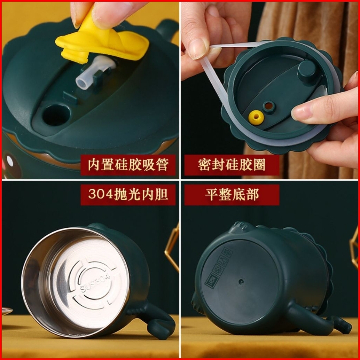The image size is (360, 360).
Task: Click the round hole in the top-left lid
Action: [x=56, y=115]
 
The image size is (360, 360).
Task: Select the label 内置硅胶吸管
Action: [x=128, y=165]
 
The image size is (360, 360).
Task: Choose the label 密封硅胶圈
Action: [x=232, y=165]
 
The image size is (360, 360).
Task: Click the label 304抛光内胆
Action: [x=128, y=194]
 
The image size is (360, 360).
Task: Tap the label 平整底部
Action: [x=232, y=194]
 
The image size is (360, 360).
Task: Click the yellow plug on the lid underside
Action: [x=256, y=118]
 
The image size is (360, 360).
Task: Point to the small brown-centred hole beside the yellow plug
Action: [x=269, y=106]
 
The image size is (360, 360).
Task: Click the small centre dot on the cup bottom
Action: [x=241, y=282]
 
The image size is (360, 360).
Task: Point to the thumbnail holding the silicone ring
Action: [x=197, y=50]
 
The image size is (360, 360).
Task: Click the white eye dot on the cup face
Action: [x=10, y=161]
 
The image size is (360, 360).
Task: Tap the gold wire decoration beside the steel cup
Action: [x=172, y=248]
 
